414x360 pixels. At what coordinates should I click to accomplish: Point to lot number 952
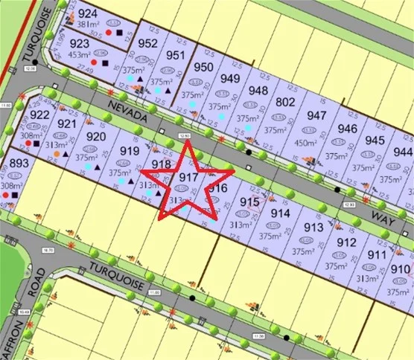(x=148, y=43)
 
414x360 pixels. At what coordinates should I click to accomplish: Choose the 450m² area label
(x=306, y=143)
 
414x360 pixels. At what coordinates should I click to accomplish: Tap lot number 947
(x=316, y=115)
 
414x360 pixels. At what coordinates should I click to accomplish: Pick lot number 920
(x=96, y=136)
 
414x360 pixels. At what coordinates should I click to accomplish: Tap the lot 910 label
(x=400, y=269)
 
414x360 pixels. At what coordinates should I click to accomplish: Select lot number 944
(x=403, y=152)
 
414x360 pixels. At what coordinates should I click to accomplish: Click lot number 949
(x=231, y=79)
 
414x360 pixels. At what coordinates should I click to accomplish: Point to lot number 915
(x=249, y=202)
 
